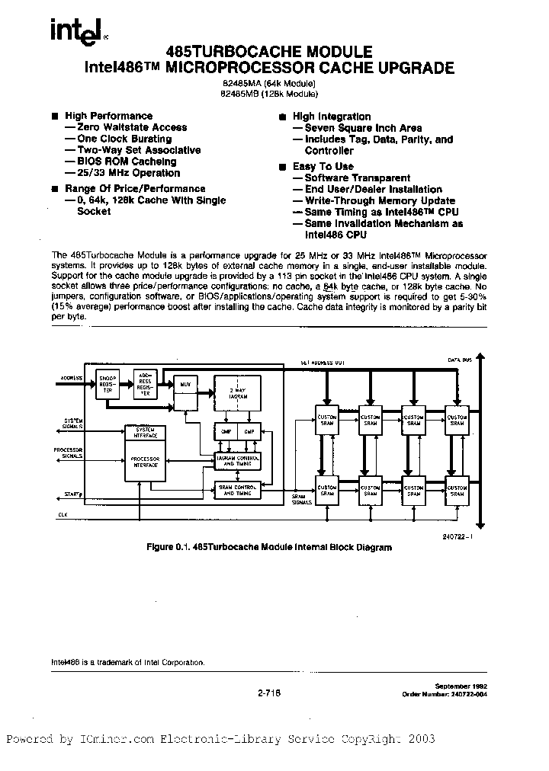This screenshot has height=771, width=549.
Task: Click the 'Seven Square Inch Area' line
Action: [x=362, y=128]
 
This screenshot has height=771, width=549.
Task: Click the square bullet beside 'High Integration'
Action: [x=283, y=117]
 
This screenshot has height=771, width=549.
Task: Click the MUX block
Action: [x=185, y=384]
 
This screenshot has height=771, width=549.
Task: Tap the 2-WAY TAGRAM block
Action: [x=237, y=395]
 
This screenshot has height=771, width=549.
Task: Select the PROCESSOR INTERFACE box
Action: [x=146, y=461]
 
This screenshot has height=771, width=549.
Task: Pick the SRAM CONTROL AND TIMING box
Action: [x=237, y=491]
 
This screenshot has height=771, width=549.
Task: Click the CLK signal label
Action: [x=63, y=515]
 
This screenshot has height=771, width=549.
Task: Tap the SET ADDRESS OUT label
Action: [x=322, y=363]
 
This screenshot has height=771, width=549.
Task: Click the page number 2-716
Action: [x=268, y=692]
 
